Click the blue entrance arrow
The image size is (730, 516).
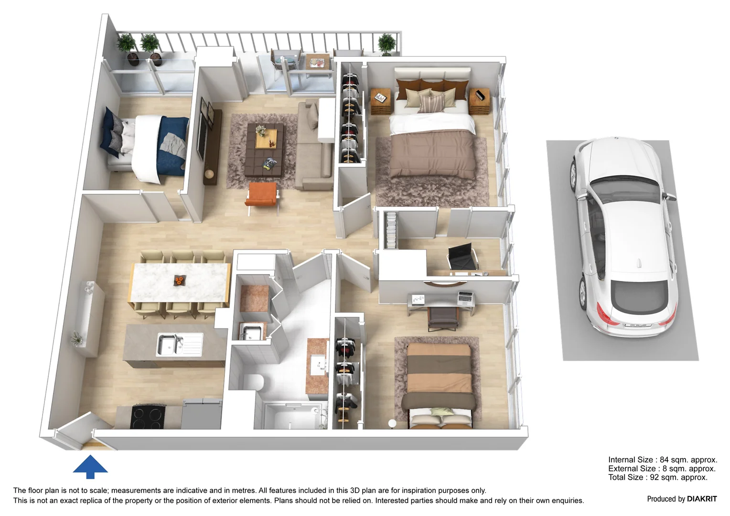90,466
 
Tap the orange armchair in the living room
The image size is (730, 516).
262,195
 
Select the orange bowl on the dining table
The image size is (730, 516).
179,280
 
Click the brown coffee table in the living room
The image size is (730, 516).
265,149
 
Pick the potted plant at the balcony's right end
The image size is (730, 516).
386,44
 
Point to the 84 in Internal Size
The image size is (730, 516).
665,460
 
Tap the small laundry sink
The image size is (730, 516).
251,331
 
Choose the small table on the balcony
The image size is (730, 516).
318,64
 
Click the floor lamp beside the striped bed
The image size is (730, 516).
392,423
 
